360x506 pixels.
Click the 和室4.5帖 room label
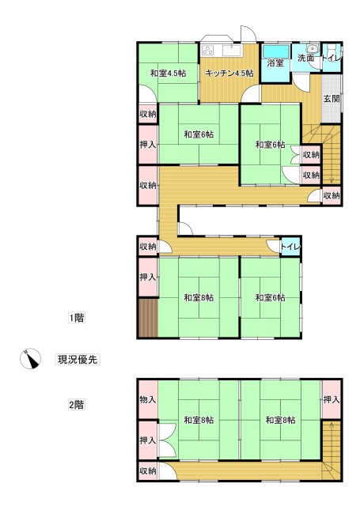click(168, 74)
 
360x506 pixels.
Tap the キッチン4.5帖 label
click(229, 74)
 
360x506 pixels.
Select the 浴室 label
click(275, 62)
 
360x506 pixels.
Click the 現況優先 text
click(78, 359)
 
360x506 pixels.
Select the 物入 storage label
click(148, 399)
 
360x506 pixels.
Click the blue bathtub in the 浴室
click(275, 47)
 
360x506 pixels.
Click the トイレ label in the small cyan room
click(290, 247)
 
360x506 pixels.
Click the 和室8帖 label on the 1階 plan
click(198, 298)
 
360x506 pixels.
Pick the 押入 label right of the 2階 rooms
click(332, 399)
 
